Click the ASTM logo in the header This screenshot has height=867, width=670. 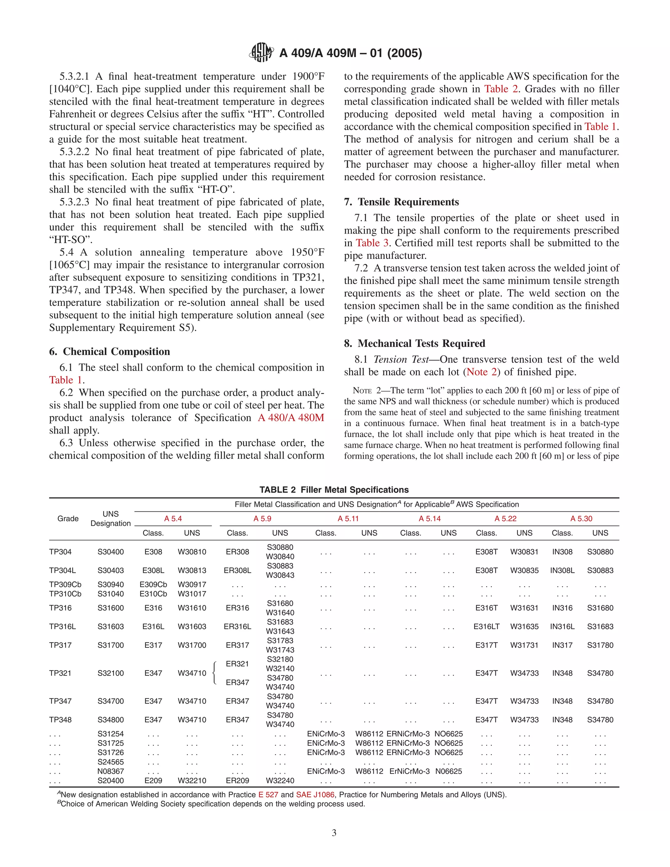(x=261, y=52)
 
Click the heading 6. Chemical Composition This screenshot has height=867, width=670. (x=110, y=351)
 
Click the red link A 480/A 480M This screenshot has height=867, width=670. (x=291, y=417)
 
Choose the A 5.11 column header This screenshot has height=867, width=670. (x=348, y=519)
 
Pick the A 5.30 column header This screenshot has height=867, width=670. (x=581, y=519)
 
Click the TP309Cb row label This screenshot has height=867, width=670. (x=65, y=584)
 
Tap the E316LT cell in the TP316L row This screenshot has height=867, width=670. (x=486, y=627)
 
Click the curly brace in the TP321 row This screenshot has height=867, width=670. (x=215, y=673)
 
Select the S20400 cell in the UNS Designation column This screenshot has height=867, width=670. (x=111, y=780)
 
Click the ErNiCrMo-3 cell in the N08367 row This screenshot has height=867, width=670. (x=409, y=771)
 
